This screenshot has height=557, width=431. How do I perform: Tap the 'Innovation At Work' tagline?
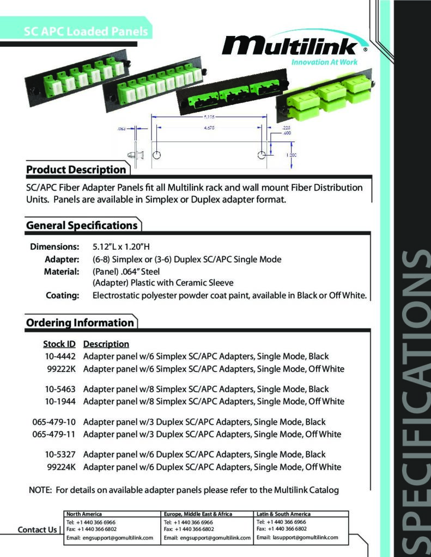click(x=325, y=63)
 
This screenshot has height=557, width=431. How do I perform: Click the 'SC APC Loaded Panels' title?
click(x=86, y=32)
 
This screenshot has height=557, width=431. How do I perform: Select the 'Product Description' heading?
click(x=76, y=170)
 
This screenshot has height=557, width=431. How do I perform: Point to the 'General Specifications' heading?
click(x=82, y=225)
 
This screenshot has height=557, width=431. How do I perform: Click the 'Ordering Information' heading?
click(x=80, y=323)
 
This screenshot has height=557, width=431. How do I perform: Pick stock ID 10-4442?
click(x=60, y=357)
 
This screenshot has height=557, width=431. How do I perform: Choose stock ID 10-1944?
click(x=60, y=402)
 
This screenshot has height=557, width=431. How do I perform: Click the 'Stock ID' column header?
click(x=59, y=344)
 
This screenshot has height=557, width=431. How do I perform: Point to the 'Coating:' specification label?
click(x=63, y=295)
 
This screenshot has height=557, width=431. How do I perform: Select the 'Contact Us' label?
click(x=37, y=530)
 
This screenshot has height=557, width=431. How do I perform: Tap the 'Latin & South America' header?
click(x=283, y=514)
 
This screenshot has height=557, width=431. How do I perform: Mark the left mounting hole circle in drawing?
click(x=156, y=155)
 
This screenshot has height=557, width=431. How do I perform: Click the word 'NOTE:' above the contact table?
click(x=40, y=490)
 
